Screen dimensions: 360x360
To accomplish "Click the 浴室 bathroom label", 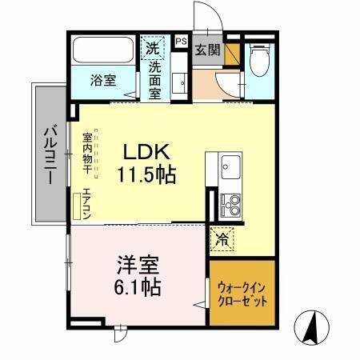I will [103, 80].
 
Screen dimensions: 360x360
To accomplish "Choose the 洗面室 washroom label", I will [155, 80].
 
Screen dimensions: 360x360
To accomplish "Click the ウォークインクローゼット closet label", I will [241, 294].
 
